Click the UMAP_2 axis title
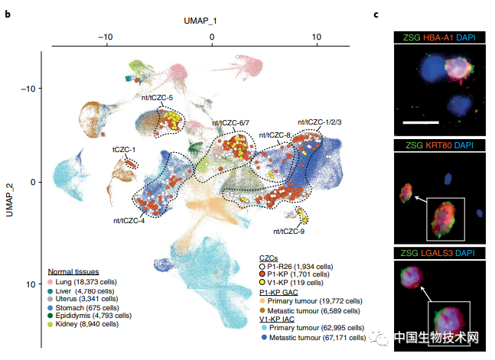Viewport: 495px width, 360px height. point(10,193)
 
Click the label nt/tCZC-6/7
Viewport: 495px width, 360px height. point(231,124)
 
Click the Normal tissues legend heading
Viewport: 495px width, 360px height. point(73,272)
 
